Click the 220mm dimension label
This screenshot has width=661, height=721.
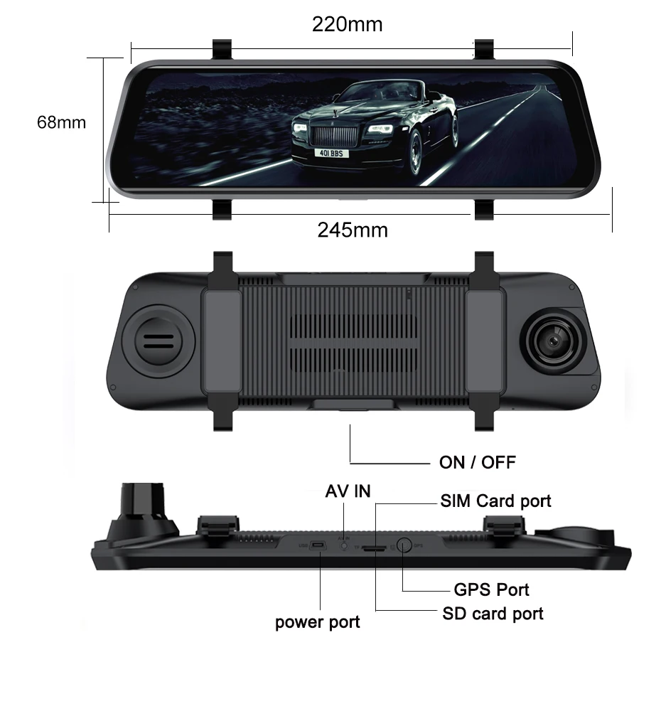coord(347,24)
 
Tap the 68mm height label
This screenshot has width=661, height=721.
coord(61,122)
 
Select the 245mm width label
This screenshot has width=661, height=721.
coord(353,230)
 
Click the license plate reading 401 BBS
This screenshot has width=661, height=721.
coord(330,153)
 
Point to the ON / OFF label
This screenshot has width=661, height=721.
coord(478,463)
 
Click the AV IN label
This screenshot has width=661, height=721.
coord(348,491)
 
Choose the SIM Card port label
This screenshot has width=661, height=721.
coord(495,501)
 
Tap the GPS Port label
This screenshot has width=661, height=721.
coord(491,589)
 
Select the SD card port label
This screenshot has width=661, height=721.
coord(493,613)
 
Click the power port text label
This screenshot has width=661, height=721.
coord(317,622)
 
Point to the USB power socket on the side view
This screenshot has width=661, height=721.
coord(317,546)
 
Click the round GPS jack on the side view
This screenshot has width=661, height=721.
coord(403,546)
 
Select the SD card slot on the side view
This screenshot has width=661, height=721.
coord(374,549)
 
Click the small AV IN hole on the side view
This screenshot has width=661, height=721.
coord(345,546)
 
